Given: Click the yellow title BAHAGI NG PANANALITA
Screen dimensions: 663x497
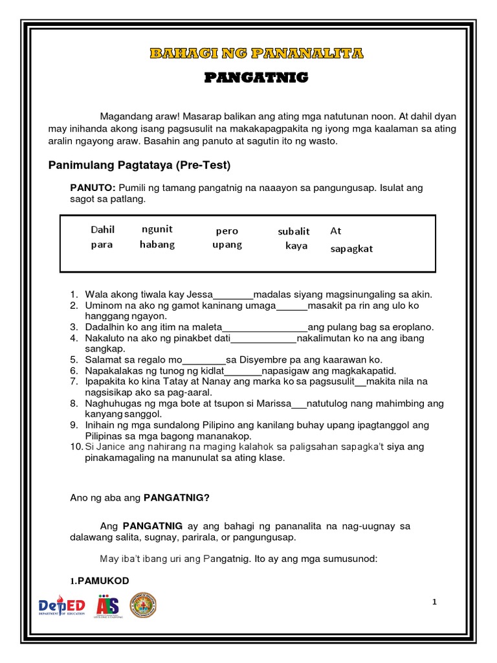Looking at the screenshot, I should point(248,53).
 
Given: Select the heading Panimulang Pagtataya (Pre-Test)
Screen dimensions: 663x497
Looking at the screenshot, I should point(139,165).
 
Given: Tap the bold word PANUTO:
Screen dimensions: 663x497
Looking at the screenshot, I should point(93,188).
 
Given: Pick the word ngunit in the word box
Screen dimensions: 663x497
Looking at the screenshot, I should point(157,229).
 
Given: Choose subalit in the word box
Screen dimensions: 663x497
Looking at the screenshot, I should point(294,231).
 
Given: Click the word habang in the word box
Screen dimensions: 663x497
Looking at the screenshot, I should point(157,245).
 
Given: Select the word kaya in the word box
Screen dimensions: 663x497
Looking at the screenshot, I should point(296,246).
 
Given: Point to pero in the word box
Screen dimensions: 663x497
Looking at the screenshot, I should point(227,231).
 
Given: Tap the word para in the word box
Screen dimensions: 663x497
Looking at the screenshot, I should point(102,245).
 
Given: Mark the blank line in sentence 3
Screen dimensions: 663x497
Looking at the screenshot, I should point(265,327).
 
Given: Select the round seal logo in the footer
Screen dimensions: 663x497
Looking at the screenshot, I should point(143,605).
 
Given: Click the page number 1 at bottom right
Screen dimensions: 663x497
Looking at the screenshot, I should point(435,602).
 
